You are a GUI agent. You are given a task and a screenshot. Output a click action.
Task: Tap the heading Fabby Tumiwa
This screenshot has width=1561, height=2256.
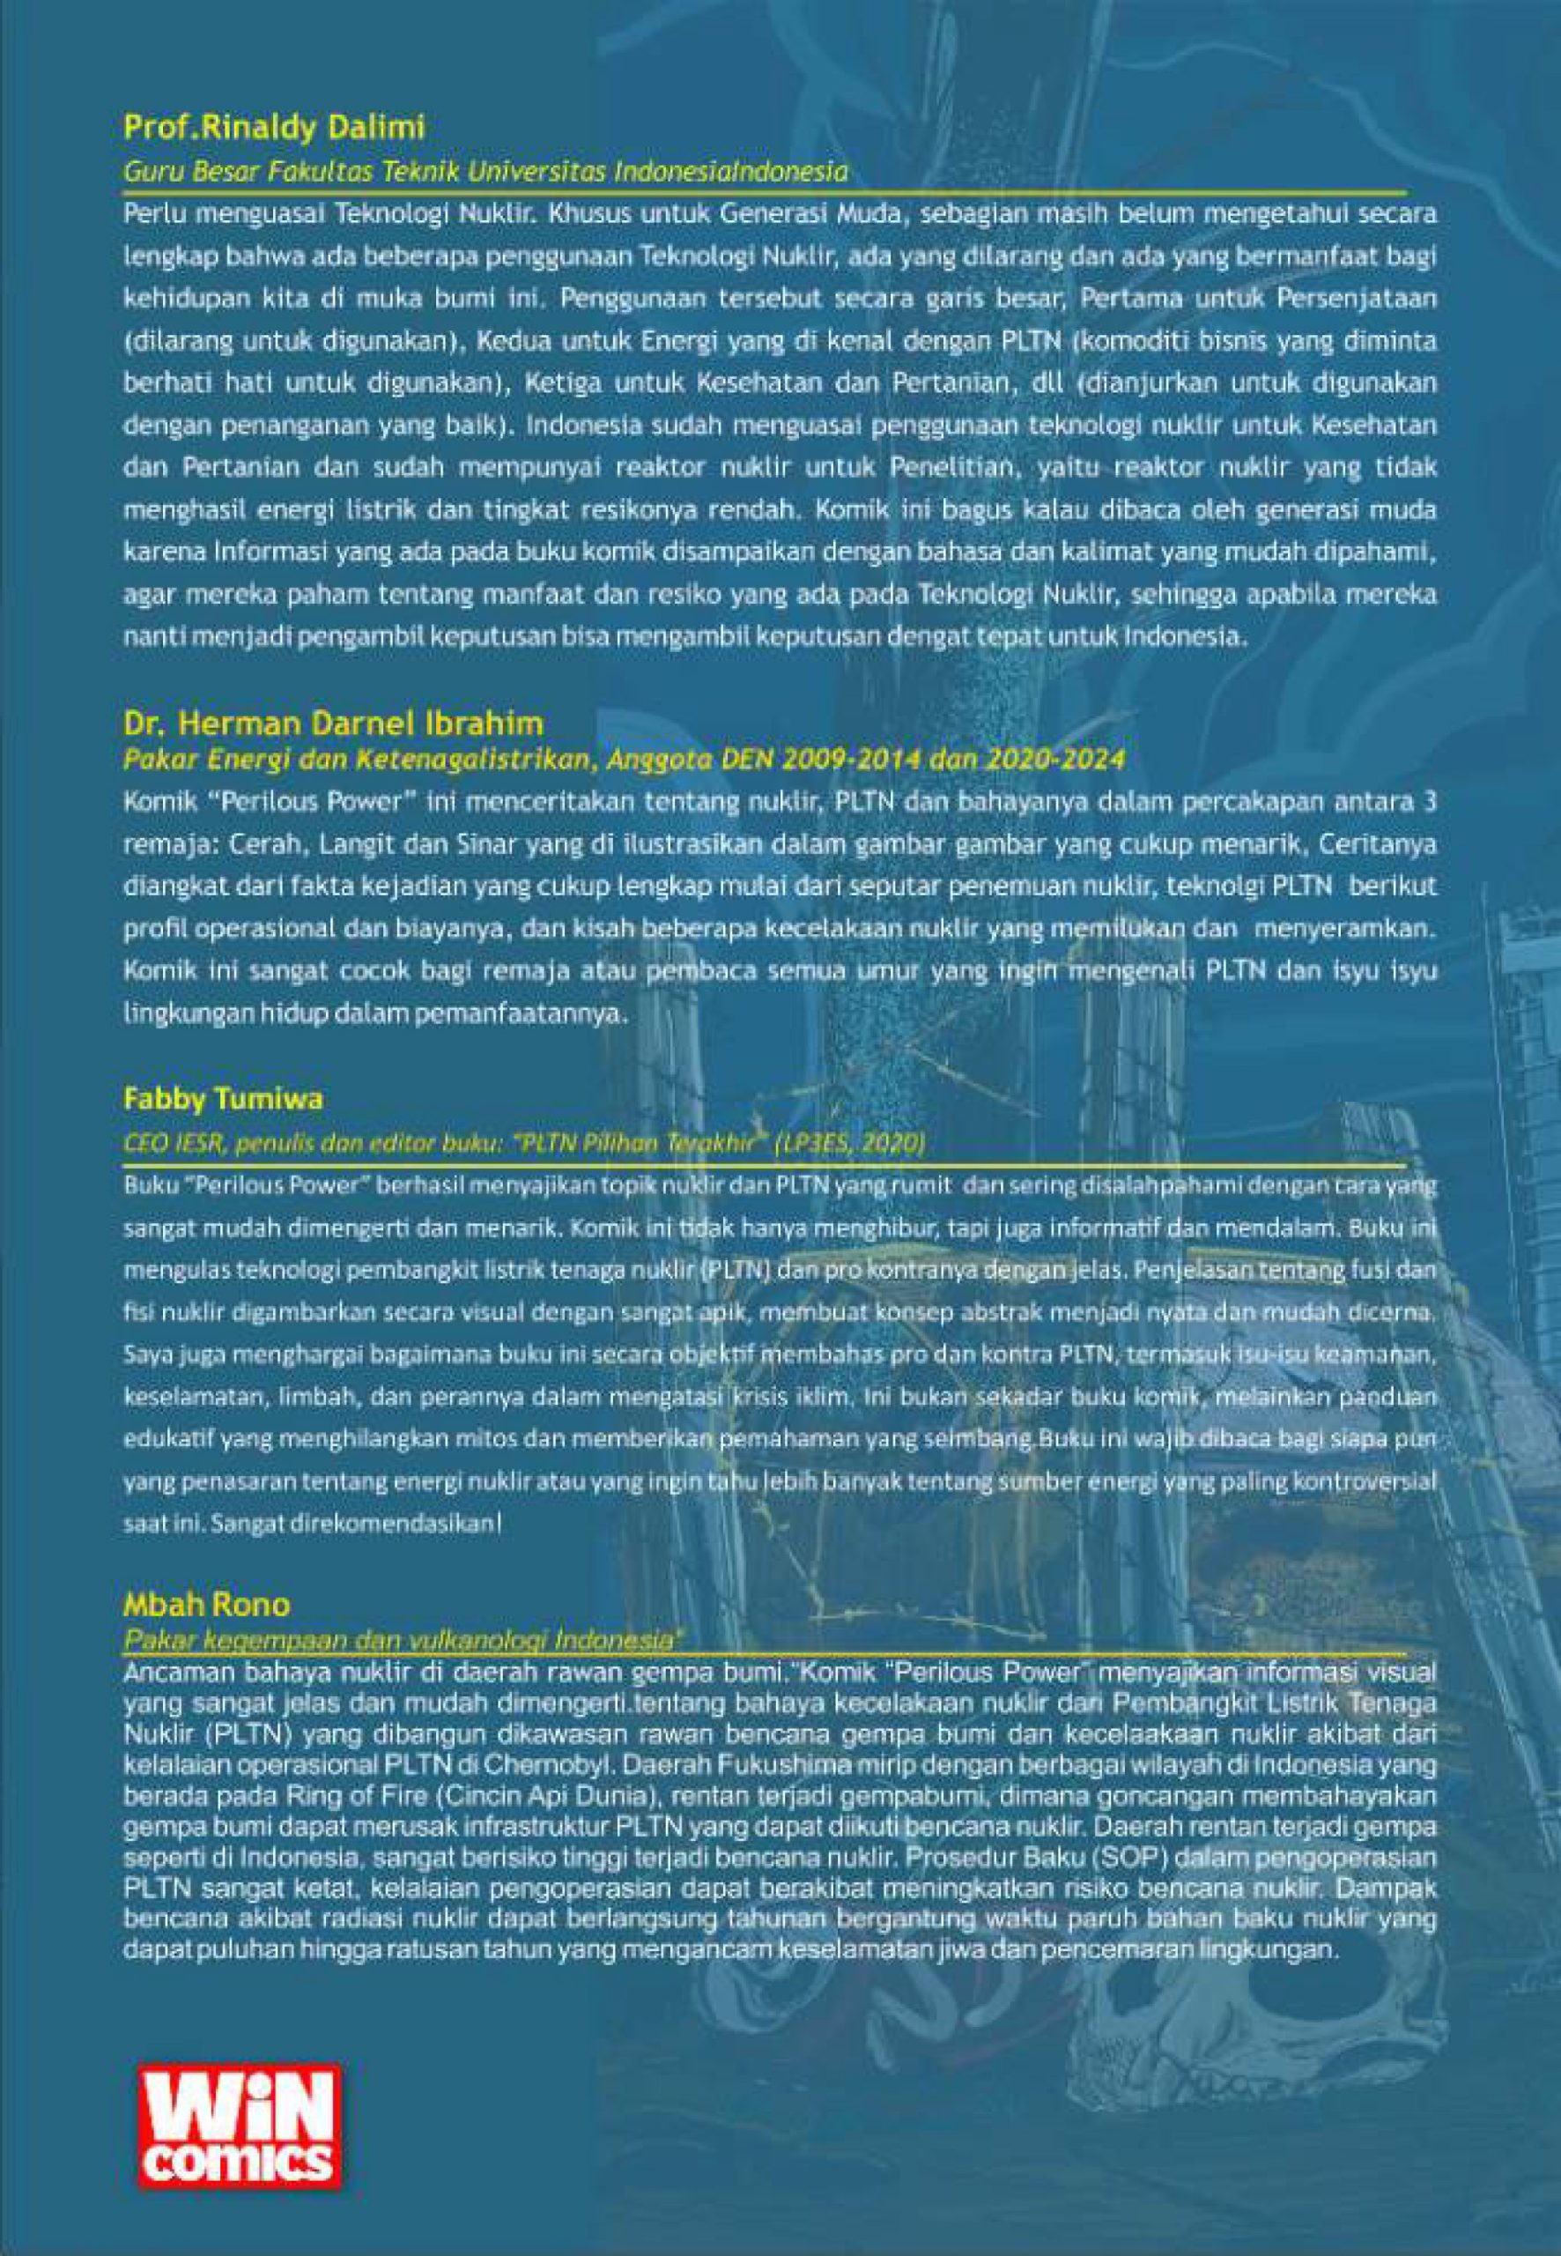[223, 1099]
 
